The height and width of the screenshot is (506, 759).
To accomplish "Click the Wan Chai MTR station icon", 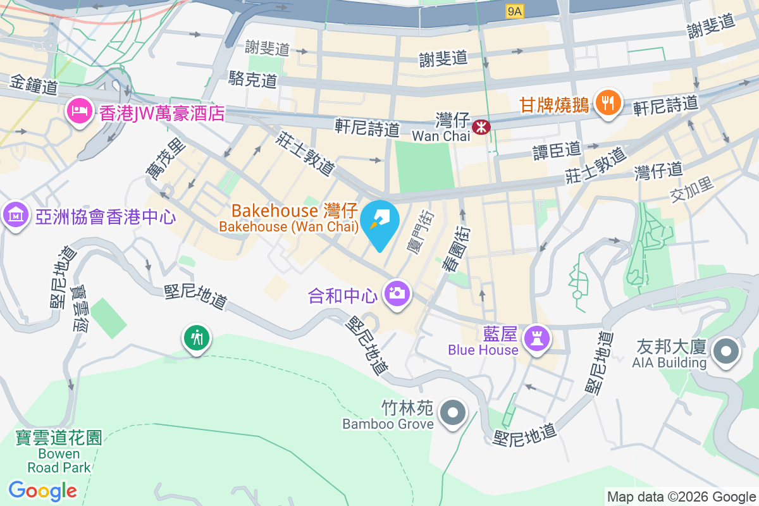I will (483, 126).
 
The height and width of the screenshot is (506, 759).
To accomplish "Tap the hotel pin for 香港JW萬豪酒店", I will (79, 112).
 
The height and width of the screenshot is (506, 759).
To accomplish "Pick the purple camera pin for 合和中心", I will (397, 293).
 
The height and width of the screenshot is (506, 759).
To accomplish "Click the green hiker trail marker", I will (197, 338).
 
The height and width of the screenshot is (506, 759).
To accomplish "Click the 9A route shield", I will (515, 11).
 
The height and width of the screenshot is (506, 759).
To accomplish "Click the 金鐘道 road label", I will (35, 84).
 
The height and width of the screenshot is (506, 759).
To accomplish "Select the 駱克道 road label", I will (253, 79).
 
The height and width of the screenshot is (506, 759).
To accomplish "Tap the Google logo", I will (43, 490).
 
